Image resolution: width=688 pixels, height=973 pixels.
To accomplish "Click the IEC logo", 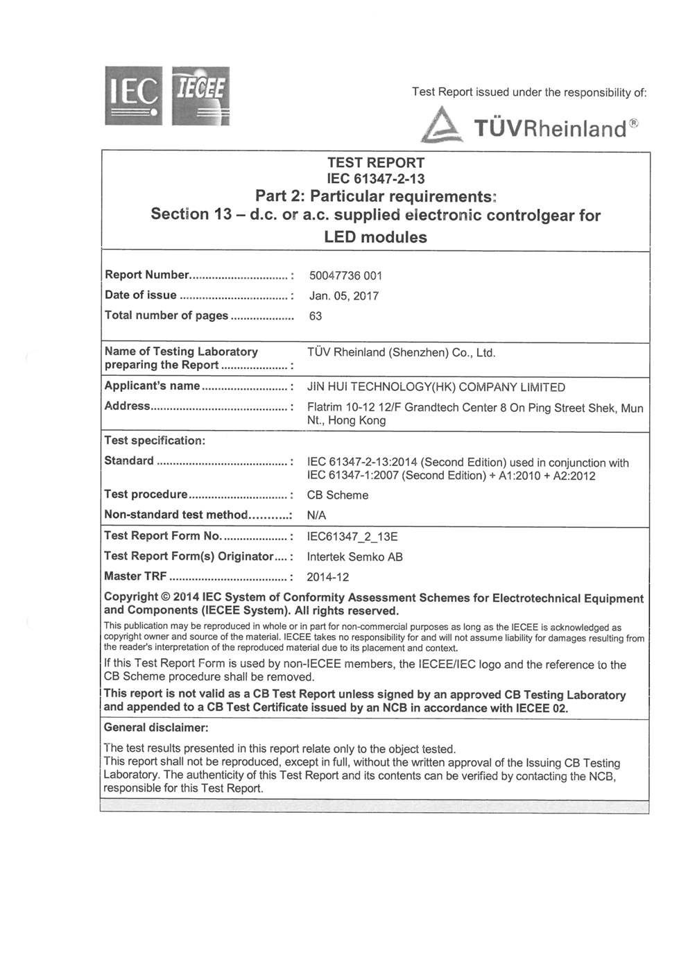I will click(134, 96).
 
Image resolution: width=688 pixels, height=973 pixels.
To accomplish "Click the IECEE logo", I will click(200, 96).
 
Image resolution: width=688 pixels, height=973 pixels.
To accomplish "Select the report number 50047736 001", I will click(345, 276).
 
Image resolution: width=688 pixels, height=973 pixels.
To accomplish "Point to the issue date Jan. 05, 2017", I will click(344, 296).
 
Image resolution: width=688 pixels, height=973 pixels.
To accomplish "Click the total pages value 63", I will click(315, 316).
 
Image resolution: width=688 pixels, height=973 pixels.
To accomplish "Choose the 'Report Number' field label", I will click(146, 275).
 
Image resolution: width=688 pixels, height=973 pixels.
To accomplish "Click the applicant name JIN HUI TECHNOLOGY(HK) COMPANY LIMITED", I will click(436, 387).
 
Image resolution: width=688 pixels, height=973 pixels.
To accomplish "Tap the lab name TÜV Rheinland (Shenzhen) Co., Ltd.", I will click(402, 352).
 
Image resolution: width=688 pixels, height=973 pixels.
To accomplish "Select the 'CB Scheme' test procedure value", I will click(337, 495).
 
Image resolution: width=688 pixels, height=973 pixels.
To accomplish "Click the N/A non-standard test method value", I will click(316, 515).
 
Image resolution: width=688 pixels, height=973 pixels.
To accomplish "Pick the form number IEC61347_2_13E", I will click(352, 536).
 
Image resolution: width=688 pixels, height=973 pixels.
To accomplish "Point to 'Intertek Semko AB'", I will click(354, 556).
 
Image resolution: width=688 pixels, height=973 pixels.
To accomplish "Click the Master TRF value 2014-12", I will click(327, 577).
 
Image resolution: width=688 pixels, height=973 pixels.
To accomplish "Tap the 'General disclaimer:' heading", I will click(156, 728).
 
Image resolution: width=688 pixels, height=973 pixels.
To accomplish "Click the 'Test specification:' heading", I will click(155, 440).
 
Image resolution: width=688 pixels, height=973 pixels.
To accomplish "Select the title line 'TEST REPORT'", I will click(375, 163).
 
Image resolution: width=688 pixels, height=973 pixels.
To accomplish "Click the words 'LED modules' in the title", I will click(375, 237).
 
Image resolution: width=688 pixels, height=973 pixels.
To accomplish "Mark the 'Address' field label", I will click(127, 406).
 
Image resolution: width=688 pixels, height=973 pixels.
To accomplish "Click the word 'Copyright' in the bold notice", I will click(130, 597).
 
